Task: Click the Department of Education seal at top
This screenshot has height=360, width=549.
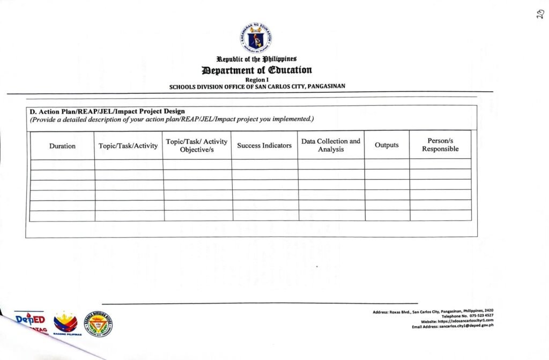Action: pos(255,38)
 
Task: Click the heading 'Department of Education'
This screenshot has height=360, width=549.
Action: pos(256,70)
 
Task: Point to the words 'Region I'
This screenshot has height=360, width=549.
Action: pos(256,79)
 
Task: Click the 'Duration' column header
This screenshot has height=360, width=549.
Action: pos(62,146)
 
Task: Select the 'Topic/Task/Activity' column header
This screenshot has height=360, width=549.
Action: pos(128,146)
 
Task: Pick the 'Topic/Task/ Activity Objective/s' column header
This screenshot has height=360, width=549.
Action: pos(197,145)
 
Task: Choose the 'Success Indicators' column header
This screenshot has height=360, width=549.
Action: pos(264,145)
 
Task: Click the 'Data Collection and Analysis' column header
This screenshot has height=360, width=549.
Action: pos(331,145)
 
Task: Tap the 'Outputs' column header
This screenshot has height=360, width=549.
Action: pos(387,145)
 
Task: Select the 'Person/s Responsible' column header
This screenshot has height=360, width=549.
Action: pos(440,145)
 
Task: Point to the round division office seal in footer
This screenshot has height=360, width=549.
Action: pos(100,323)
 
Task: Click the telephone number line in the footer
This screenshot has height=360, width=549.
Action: pos(468,316)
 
